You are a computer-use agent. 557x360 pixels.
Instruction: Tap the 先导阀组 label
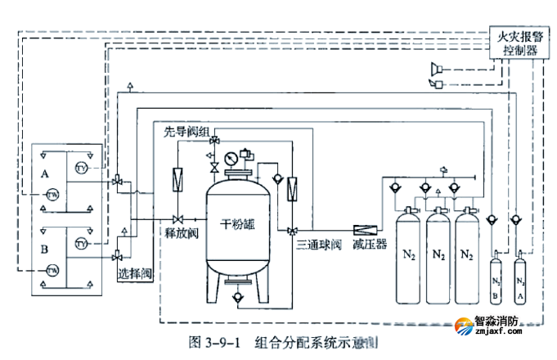186,132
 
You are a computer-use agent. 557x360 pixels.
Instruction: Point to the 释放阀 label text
182,232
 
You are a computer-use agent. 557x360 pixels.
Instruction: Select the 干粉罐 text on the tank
239,223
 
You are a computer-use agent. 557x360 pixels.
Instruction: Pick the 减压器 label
370,243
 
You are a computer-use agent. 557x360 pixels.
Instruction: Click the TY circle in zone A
80,169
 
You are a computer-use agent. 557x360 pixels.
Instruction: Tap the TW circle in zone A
52,195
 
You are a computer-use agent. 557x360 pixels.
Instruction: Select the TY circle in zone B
80,244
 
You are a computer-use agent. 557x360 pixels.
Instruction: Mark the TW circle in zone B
52,270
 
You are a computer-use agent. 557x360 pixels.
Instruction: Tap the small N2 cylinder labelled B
495,281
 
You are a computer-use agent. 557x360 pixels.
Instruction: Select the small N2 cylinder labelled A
518,281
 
